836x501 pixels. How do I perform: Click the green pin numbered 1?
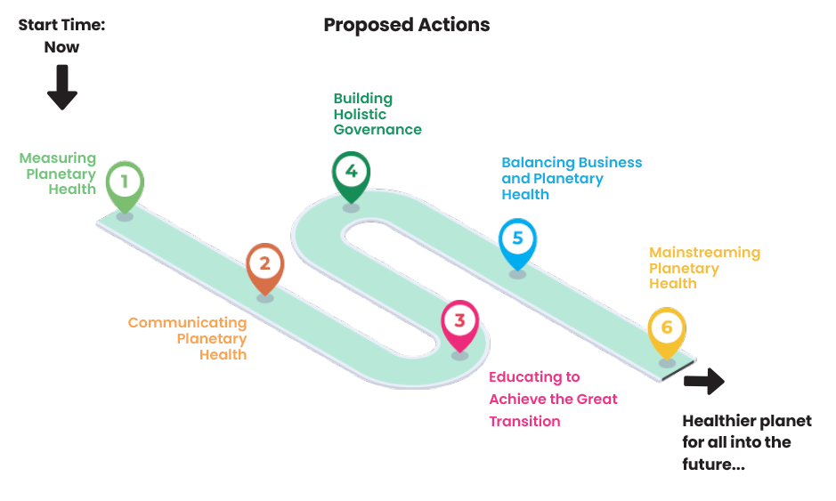tap(125, 182)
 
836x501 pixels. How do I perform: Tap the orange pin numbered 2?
tap(264, 263)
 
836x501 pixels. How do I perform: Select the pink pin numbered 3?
tap(459, 320)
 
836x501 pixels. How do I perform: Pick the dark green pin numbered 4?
tap(351, 171)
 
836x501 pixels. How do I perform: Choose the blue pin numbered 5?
tap(517, 238)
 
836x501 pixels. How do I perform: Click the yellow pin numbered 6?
tap(666, 327)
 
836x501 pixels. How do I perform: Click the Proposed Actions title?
tap(406, 25)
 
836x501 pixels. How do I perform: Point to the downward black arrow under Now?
tap(62, 87)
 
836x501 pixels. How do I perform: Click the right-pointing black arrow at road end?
tap(704, 381)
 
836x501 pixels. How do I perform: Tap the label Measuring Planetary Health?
tap(59, 174)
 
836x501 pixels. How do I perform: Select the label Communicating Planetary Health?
tap(189, 338)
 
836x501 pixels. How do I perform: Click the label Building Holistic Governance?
tap(376, 114)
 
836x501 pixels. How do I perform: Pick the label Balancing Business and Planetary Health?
tap(571, 178)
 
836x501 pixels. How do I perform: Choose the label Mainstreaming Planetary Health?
tap(703, 268)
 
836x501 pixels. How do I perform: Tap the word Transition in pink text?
tap(524, 421)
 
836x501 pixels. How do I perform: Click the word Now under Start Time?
tap(62, 47)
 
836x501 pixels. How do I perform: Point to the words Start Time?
tap(62, 25)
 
